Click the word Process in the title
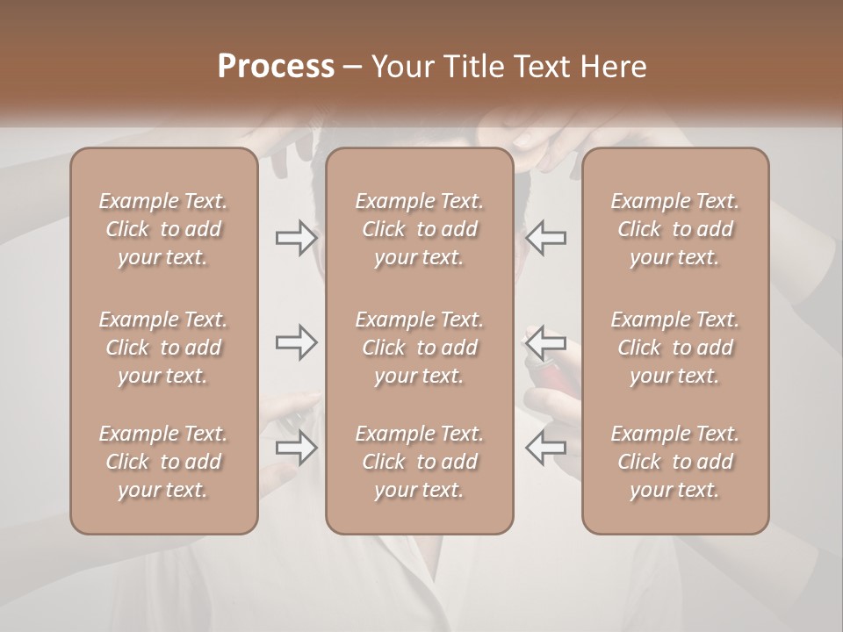click(x=276, y=67)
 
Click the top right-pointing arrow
click(x=296, y=238)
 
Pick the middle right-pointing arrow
click(x=296, y=342)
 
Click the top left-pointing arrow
click(x=545, y=238)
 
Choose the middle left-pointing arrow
click(x=545, y=342)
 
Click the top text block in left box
click(x=163, y=229)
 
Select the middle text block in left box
click(x=163, y=348)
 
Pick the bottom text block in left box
click(x=163, y=462)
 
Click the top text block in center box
click(x=419, y=229)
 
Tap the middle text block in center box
click(x=419, y=348)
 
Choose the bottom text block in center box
click(x=419, y=462)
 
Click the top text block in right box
click(x=674, y=229)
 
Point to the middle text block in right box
click(x=674, y=348)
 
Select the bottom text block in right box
click(x=674, y=462)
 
